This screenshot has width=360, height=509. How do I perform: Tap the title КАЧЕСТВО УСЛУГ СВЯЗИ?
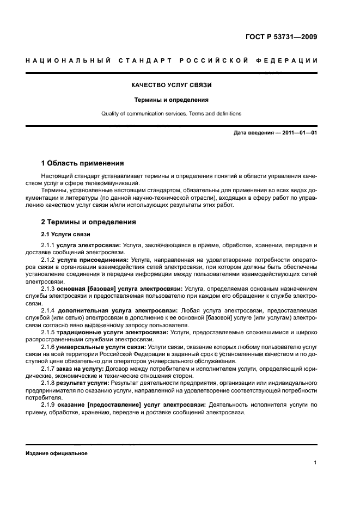pos(172,85)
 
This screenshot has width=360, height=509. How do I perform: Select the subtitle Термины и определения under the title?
pos(172,100)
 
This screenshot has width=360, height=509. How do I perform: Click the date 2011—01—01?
pos(298,132)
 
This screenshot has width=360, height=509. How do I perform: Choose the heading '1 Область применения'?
pos(82,163)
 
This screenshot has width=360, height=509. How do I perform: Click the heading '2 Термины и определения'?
pos(89,222)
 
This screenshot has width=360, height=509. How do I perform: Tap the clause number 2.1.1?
pos(49,246)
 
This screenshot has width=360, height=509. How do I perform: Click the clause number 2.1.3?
pos(49,289)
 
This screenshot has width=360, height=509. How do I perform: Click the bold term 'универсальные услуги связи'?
pos(101,346)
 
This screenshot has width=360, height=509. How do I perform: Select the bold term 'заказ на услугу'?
pos(81,367)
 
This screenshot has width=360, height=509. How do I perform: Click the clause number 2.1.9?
pos(49,404)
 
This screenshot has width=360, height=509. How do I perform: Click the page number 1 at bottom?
pos(315,463)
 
